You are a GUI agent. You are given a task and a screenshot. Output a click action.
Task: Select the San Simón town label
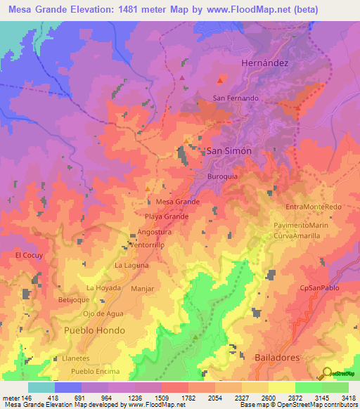coord(229,151)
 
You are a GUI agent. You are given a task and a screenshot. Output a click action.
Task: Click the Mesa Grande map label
coord(178,202)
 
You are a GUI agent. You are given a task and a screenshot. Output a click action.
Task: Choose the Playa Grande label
coord(167,217)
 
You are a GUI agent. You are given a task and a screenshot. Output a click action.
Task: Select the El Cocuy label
coord(30,256)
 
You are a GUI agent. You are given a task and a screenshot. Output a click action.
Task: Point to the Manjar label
coord(142,289)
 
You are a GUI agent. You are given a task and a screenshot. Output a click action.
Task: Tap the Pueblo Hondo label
coord(94,330)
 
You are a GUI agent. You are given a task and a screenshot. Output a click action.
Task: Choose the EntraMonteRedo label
coord(314,207)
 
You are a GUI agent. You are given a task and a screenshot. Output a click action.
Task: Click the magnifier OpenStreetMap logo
coord(326,373)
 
